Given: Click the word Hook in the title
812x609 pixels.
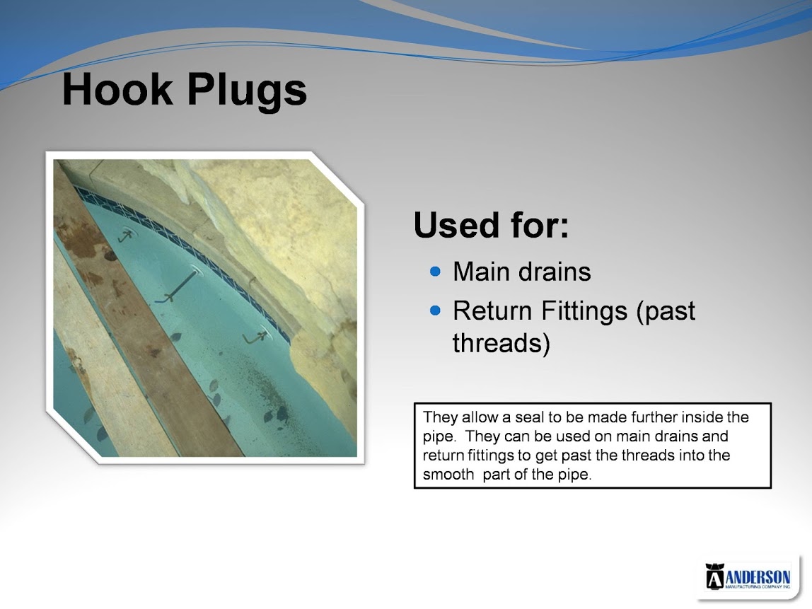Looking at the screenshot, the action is [x=117, y=90].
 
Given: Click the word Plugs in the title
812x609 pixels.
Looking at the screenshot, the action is [x=247, y=92].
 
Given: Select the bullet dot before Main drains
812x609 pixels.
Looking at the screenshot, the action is [x=436, y=272].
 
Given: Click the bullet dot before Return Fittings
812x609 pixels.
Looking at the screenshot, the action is [x=436, y=311].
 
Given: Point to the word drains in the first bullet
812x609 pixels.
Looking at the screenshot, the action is [x=555, y=272].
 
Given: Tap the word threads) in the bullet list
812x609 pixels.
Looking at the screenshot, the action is [x=501, y=343].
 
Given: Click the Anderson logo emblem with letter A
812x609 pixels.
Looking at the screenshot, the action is [x=714, y=576].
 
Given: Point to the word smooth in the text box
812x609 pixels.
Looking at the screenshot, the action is [x=448, y=475].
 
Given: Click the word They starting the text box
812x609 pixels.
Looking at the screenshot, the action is [x=440, y=417].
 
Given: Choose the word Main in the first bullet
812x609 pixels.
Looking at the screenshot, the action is [x=482, y=272].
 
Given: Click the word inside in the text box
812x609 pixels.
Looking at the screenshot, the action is [x=701, y=417].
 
